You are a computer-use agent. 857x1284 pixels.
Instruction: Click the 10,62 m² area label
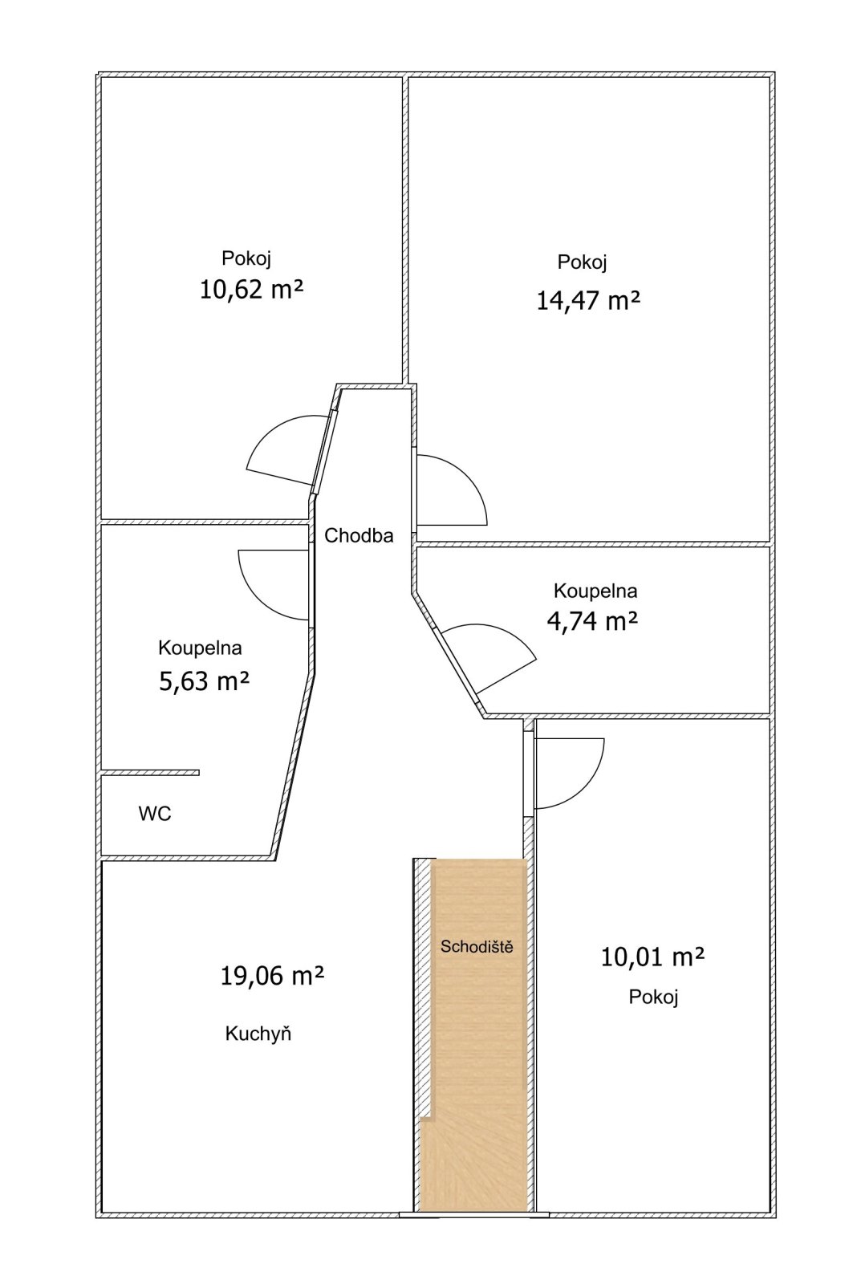(x=250, y=290)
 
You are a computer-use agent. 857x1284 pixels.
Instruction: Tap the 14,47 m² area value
(x=587, y=300)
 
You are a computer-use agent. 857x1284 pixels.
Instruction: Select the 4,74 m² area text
(x=592, y=621)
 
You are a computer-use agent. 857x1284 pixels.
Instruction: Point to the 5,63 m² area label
(x=204, y=682)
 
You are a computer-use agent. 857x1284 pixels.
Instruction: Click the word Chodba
(x=359, y=535)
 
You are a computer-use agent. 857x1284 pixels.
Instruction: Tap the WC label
(x=155, y=814)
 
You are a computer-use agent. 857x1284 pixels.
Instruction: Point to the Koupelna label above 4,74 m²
(x=595, y=591)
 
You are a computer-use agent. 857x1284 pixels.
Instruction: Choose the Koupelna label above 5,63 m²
(x=200, y=648)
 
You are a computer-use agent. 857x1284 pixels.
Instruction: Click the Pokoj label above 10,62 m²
(x=246, y=258)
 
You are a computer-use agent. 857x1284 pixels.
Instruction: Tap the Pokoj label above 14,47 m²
(x=582, y=262)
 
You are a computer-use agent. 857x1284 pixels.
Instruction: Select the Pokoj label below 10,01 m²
(x=653, y=998)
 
